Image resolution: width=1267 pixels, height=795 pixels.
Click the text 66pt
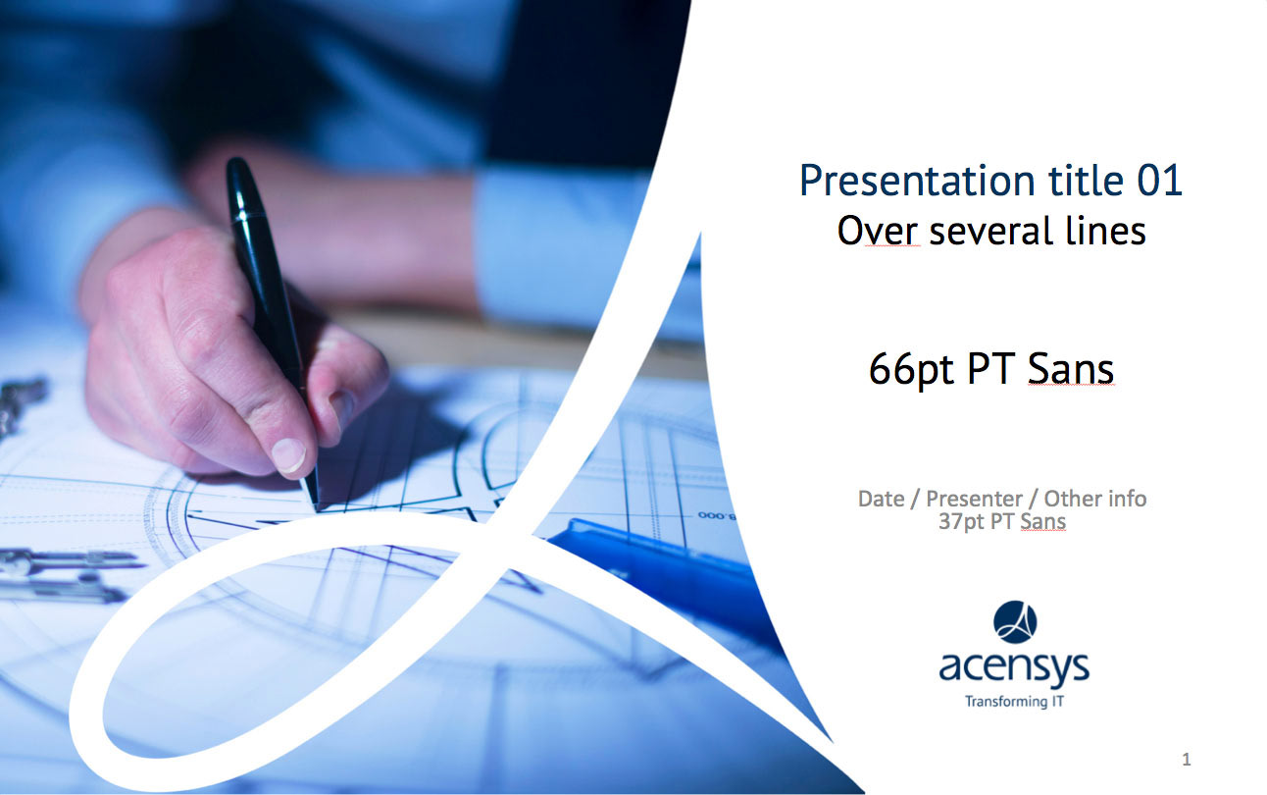coord(911,370)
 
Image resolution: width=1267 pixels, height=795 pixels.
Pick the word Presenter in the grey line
coord(974,499)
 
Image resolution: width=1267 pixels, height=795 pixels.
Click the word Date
coord(882,499)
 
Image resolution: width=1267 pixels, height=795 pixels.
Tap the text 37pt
coord(962,522)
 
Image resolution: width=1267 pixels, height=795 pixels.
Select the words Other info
coord(1095,499)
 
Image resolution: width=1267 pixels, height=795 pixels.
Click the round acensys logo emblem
coord(1015,621)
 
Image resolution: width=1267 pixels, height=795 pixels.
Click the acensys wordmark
coord(1014,668)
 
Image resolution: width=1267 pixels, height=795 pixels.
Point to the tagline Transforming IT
coord(1014,702)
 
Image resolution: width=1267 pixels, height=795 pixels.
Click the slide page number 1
coord(1187,760)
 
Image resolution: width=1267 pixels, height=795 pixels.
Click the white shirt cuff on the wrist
coord(560,249)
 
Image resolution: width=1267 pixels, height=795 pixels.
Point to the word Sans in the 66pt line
coord(1071,369)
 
